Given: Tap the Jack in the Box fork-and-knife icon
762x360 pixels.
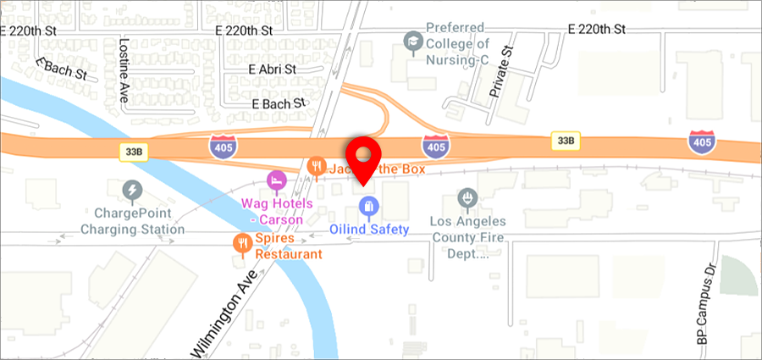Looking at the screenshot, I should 317,167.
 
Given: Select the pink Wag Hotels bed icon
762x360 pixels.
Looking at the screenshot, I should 275,180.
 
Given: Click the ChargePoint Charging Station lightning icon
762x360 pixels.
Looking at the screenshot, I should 132,190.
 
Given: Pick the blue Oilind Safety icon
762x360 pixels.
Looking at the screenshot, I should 368,205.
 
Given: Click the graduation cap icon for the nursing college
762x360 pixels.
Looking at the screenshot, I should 413,40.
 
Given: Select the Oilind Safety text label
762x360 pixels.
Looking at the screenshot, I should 368,229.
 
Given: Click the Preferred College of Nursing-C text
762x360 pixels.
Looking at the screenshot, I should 458,43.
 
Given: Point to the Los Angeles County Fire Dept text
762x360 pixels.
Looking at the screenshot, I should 466,238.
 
